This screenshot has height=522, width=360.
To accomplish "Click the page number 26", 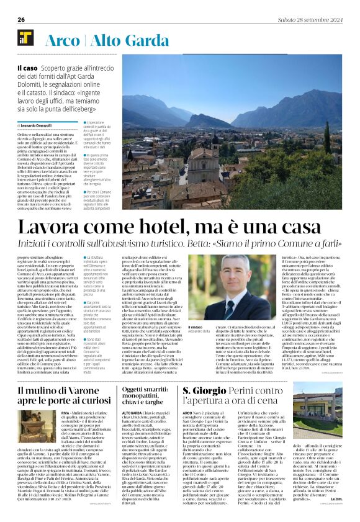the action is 21,19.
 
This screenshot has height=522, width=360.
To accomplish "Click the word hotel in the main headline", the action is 148,228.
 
